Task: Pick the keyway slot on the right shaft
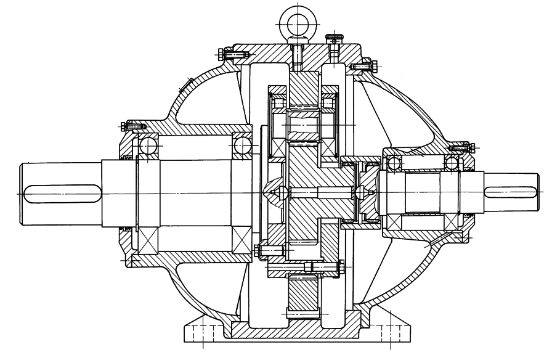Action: (511, 192)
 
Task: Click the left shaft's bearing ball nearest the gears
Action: (242, 146)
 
